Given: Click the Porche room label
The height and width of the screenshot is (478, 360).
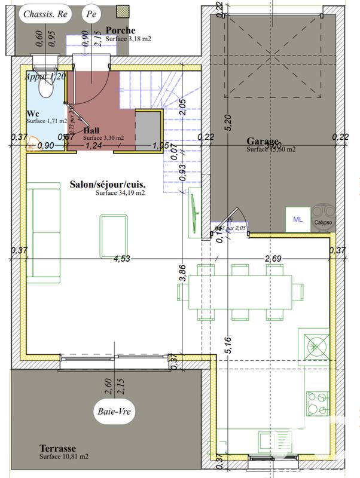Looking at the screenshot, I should pos(120,30).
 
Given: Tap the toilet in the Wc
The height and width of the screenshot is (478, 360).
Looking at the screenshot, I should pos(45,87).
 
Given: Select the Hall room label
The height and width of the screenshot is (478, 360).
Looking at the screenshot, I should pos(91,130).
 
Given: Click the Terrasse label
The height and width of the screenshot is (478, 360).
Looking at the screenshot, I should pos(57,448).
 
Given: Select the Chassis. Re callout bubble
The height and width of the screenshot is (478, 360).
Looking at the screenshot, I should pos(45,14).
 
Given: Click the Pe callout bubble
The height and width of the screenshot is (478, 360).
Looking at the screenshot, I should pos(91,13).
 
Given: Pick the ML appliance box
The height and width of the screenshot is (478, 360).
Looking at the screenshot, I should pos(297,219).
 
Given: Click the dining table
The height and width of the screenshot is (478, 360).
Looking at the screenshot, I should pos(234,292).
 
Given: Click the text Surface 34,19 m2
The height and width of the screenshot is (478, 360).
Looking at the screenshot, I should pos(120,193).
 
